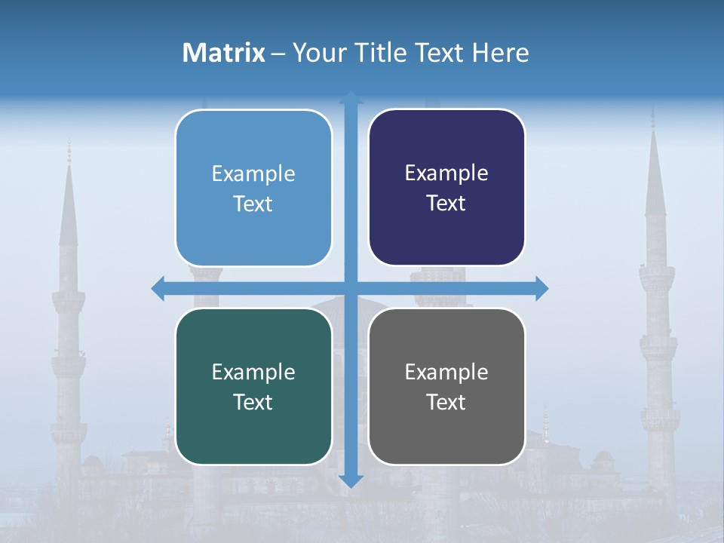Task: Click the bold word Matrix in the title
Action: pyautogui.click(x=223, y=53)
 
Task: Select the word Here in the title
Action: pyautogui.click(x=501, y=53)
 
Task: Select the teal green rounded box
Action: pyautogui.click(x=253, y=437)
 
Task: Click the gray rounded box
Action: pyautogui.click(x=446, y=437)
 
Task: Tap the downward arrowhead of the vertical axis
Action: pyautogui.click(x=351, y=481)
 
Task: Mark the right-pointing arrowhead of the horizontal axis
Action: pyautogui.click(x=541, y=288)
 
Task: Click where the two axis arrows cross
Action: pyautogui.click(x=351, y=288)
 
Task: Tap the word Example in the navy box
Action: pyautogui.click(x=446, y=173)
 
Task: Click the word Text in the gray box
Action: pyautogui.click(x=446, y=402)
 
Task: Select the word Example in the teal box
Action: pyautogui.click(x=253, y=372)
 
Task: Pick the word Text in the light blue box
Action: pyautogui.click(x=253, y=204)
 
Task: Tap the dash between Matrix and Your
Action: pyautogui.click(x=278, y=54)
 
